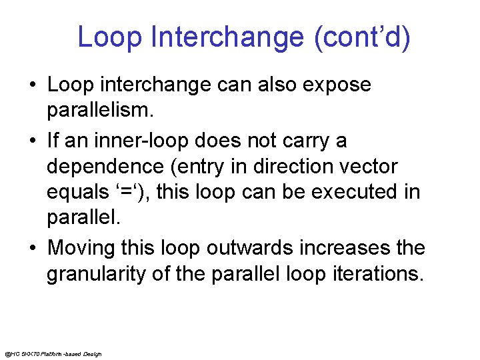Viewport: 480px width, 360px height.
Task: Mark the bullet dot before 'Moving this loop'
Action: [32, 249]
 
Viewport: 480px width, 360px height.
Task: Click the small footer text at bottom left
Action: [53, 353]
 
